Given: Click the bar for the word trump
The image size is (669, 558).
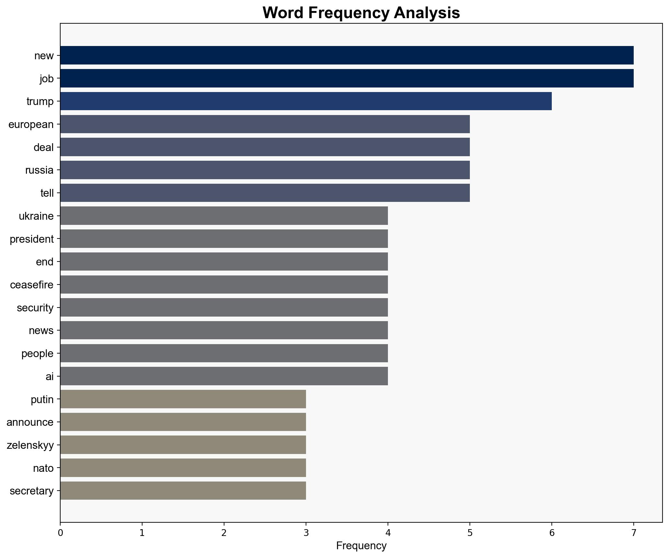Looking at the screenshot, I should tap(306, 101).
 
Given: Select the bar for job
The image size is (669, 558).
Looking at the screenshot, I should tap(346, 78).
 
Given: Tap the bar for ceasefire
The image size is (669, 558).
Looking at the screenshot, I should tap(224, 285).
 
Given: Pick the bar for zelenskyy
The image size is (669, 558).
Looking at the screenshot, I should tap(183, 445).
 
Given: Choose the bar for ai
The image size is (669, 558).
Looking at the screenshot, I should tap(224, 376).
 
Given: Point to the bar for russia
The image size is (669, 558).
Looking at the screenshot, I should tap(265, 170).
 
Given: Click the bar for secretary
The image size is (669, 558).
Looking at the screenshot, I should tap(183, 491).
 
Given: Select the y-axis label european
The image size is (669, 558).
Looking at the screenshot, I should tap(31, 124).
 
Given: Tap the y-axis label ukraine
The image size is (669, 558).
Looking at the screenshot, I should tap(36, 216).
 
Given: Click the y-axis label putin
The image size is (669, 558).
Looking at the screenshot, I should tap(42, 400).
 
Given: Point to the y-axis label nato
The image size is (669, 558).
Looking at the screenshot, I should tap(43, 468).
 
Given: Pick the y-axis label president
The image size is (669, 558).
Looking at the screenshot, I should tap(32, 239).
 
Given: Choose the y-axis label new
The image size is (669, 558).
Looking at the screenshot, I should tap(44, 56).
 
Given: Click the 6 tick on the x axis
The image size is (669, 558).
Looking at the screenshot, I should tap(551, 533).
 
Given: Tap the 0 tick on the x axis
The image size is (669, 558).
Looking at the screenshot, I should tap(60, 533).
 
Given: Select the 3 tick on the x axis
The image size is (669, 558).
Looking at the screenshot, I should tap(306, 533).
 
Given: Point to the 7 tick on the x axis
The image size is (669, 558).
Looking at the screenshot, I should tap(633, 533).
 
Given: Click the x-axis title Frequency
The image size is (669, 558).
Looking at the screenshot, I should tap(361, 546).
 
